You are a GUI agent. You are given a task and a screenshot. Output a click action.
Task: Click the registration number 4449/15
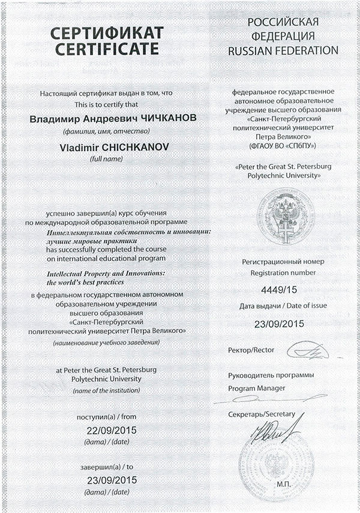272,290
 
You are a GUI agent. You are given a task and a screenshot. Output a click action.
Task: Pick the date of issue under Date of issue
273,324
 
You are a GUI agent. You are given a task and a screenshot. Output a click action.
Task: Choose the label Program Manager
257,388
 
